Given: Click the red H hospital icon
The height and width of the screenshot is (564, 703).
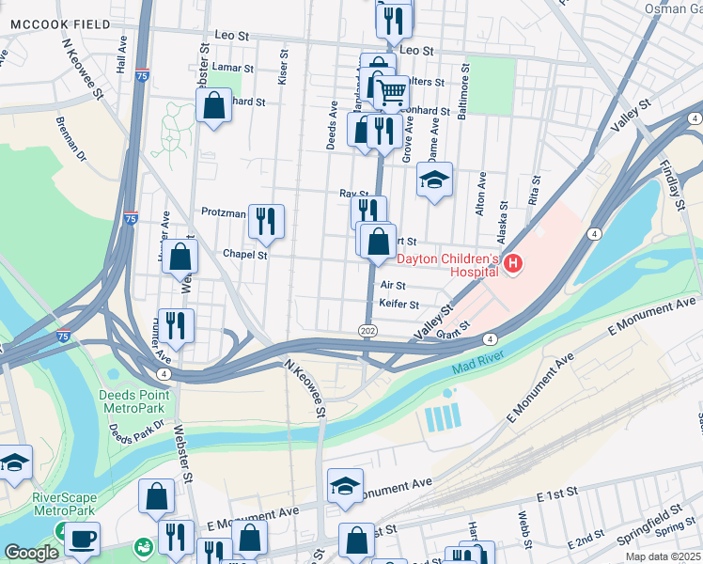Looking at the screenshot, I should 512,266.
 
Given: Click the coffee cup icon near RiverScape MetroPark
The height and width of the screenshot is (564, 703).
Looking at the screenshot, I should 81,539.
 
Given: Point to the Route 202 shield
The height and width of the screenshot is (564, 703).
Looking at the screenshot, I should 367,330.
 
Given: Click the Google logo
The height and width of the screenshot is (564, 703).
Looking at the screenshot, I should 30,553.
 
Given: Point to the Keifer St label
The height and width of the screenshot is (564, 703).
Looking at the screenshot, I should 398,304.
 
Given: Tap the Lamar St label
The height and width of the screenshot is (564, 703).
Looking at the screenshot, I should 233,68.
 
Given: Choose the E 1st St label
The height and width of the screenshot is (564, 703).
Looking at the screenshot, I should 554,495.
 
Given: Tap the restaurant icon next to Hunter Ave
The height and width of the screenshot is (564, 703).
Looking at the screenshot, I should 176,325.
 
